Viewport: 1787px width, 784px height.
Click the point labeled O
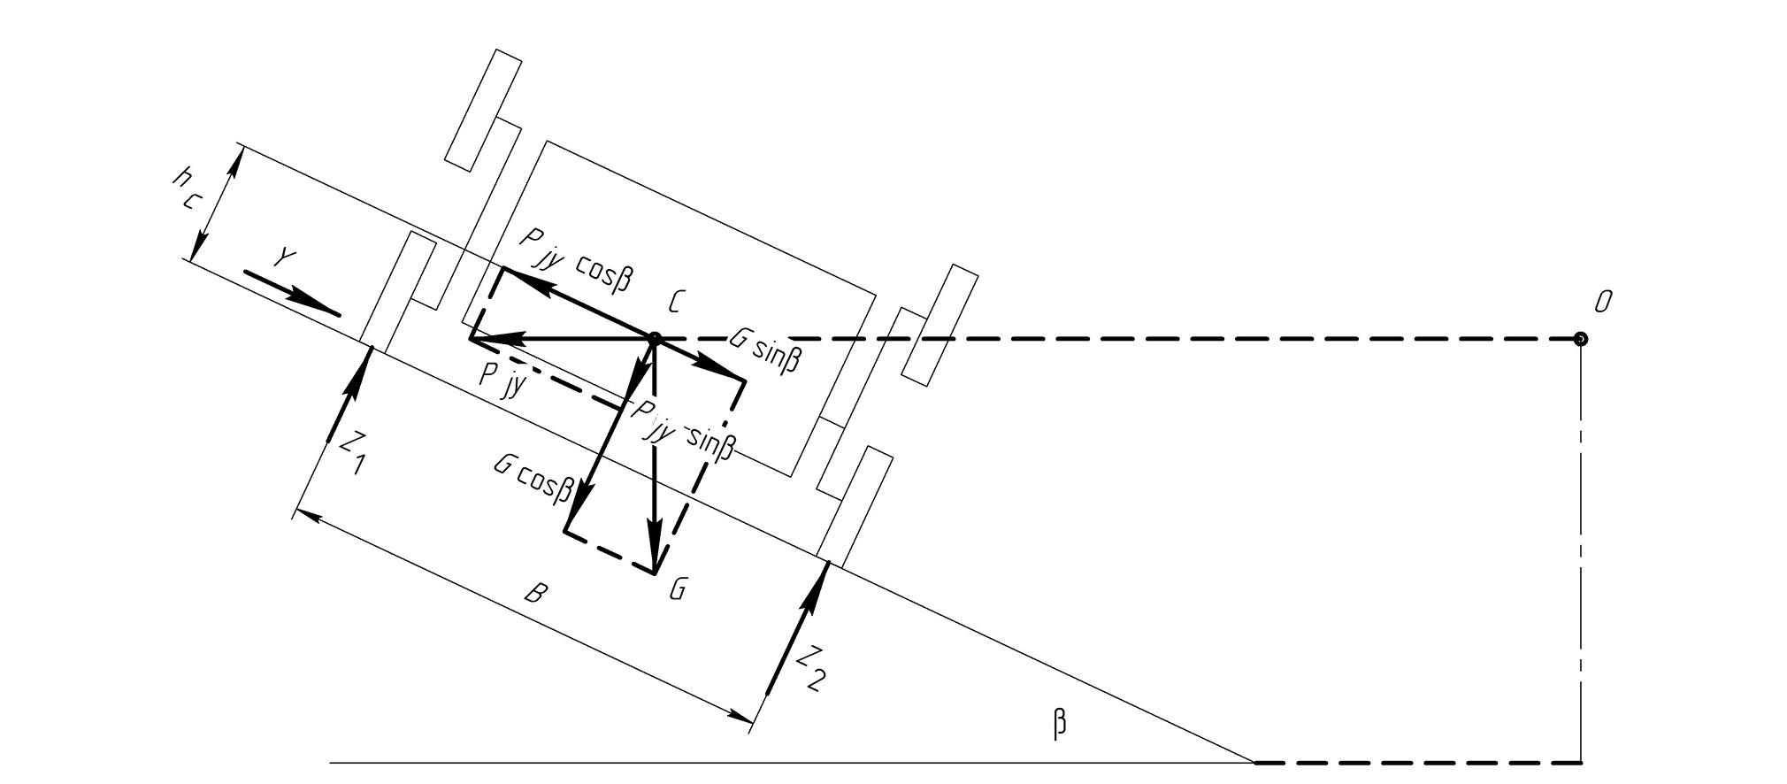tap(1580, 338)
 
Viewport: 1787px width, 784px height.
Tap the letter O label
tap(1602, 304)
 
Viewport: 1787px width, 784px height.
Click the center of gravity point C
tap(655, 338)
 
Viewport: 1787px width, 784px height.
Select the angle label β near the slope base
tap(1060, 724)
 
